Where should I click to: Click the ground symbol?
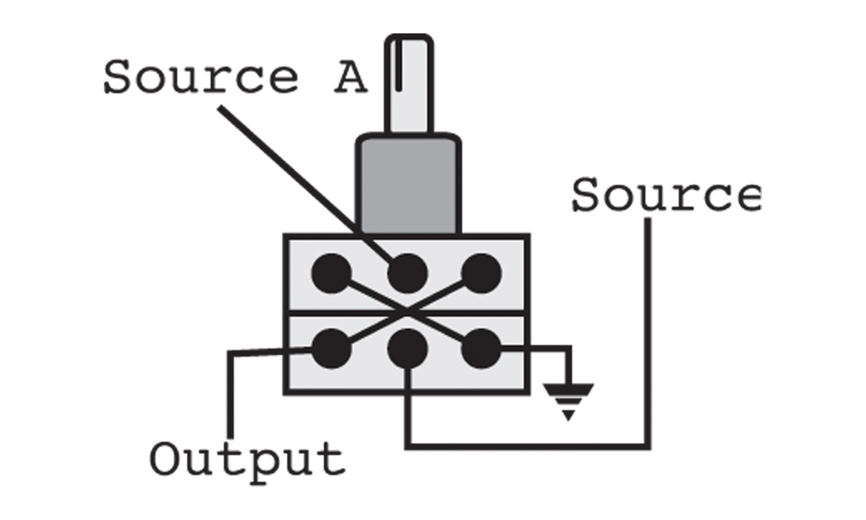point(569,399)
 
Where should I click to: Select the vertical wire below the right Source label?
point(648,329)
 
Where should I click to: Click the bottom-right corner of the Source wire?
point(648,446)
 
